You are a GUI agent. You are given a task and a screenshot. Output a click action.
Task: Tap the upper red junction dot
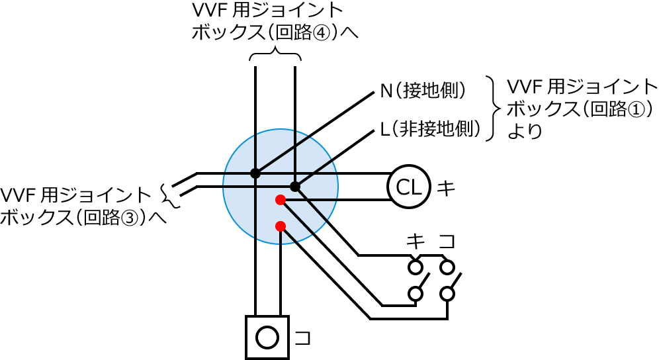point(281,199)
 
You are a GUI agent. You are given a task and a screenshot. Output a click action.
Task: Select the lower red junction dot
point(281,226)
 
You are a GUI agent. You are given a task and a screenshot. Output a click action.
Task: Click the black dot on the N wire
point(255,173)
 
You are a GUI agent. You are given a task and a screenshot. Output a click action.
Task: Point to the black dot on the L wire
point(295,187)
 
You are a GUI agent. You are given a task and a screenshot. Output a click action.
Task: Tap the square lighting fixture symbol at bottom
point(267,337)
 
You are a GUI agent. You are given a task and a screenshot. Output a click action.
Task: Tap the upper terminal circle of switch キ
point(416,267)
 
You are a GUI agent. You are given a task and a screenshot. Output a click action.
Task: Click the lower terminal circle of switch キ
point(416,293)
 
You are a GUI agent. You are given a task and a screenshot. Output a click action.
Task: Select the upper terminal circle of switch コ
point(447,267)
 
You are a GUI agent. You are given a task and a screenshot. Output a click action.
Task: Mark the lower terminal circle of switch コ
point(447,293)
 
